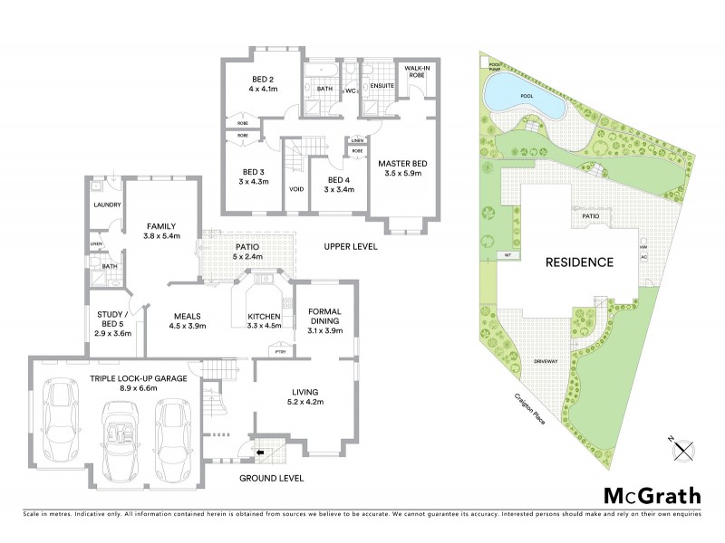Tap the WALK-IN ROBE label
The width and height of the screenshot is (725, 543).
(x=416, y=71)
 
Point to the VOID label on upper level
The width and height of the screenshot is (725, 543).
(x=295, y=190)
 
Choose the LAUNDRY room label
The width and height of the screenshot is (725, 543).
(x=107, y=205)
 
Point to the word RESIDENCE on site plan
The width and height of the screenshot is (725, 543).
(x=578, y=263)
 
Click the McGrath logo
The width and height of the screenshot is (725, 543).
(x=652, y=495)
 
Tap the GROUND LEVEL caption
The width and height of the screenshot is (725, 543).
(x=271, y=478)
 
